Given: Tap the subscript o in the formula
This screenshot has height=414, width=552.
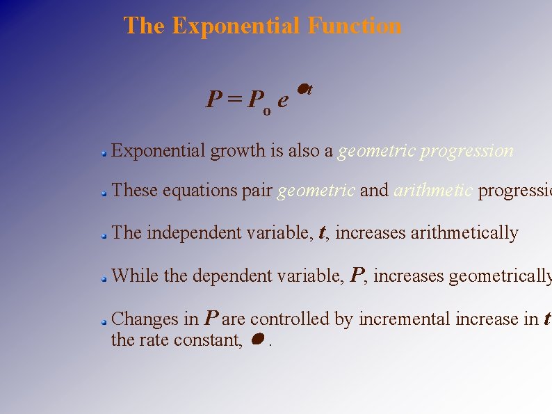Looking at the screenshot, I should pos(266,110).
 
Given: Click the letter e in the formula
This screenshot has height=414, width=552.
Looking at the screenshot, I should pos(282,100).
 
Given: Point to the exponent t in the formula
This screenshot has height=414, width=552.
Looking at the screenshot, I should pos(309,89).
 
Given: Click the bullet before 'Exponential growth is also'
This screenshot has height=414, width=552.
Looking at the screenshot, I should pos(102,152).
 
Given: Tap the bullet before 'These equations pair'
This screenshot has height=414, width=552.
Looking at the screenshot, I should pos(102,193).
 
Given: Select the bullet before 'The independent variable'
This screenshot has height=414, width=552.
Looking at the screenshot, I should pos(102,236).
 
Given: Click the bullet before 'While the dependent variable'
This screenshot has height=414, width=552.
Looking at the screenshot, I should pos(102,278).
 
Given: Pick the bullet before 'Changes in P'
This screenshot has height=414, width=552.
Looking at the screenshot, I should pos(102,321).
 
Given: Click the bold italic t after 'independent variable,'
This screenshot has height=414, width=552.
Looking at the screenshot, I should pos(323,234).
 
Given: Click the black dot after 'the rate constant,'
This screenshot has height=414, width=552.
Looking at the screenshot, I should pos(257,339).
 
